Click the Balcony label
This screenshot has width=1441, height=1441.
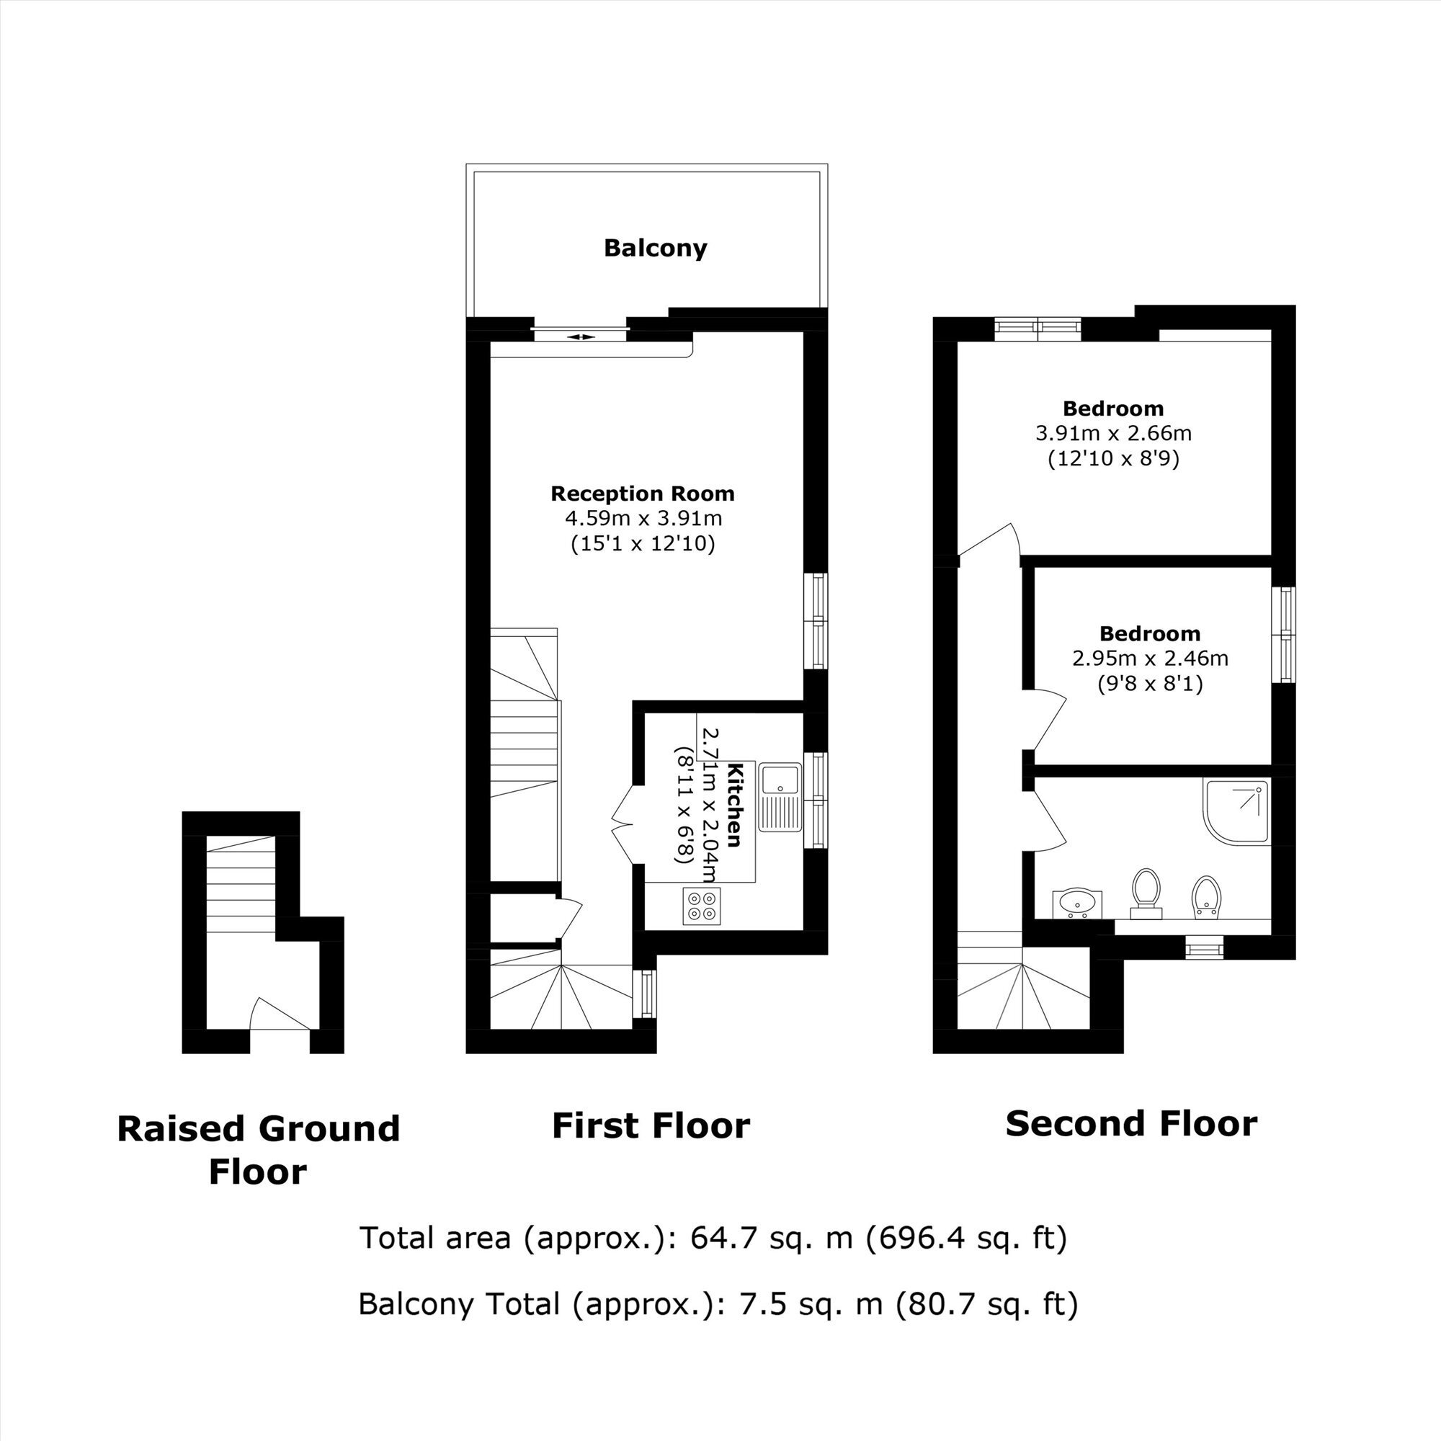point(656,249)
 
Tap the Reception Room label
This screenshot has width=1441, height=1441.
point(642,494)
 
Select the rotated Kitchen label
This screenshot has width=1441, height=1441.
point(734,806)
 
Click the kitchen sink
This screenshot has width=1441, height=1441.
point(780,797)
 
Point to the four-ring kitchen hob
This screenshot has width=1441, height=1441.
point(701,906)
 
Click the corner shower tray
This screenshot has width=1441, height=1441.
point(1236,812)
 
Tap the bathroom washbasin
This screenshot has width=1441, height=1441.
point(1075,904)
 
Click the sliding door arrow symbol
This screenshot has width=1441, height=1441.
point(581,337)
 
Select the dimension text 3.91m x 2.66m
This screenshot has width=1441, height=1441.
point(1114,433)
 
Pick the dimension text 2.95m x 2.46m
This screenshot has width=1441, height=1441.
point(1150,659)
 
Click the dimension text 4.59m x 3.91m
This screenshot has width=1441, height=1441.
point(643,517)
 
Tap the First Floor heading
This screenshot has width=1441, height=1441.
point(651,1125)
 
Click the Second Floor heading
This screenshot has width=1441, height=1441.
point(1131,1123)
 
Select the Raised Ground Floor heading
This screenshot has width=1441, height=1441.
point(258,1149)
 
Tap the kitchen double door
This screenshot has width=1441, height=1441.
point(623,824)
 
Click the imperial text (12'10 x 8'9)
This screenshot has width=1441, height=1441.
point(1114,459)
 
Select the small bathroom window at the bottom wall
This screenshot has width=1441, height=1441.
point(1205,947)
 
